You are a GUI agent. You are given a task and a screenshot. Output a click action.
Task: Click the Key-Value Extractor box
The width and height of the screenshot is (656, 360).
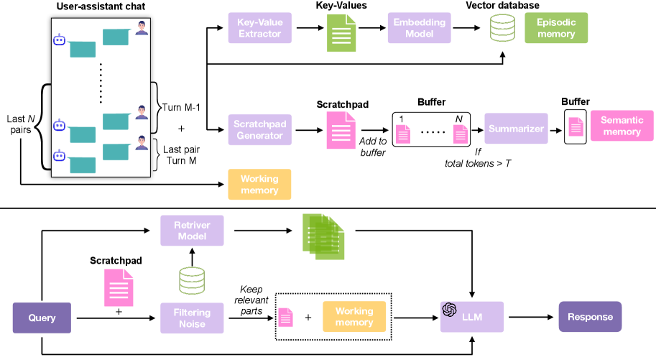pyautogui.click(x=259, y=29)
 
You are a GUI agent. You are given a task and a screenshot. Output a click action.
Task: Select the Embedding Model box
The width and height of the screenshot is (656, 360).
pyautogui.click(x=418, y=29)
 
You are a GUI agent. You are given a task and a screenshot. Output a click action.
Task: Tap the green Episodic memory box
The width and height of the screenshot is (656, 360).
pyautogui.click(x=555, y=29)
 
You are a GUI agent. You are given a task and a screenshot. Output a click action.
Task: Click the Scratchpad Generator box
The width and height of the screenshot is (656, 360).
pyautogui.click(x=259, y=129)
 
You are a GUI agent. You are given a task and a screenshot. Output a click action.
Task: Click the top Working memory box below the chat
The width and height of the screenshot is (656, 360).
pyautogui.click(x=259, y=184)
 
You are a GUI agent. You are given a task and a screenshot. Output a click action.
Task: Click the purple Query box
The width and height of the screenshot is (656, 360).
pyautogui.click(x=42, y=317)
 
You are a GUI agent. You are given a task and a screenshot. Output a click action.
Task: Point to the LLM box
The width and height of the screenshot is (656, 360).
pyautogui.click(x=472, y=317)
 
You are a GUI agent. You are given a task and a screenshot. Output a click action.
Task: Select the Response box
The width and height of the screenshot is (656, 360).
pyautogui.click(x=590, y=317)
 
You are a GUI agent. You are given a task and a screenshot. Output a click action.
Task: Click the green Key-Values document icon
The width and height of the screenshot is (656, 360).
pyautogui.click(x=342, y=33)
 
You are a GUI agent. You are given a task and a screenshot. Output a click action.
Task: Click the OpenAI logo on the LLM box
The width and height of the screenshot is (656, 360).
pyautogui.click(x=451, y=310)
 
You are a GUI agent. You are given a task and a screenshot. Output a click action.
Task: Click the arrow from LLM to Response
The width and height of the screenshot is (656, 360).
pyautogui.click(x=531, y=317)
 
